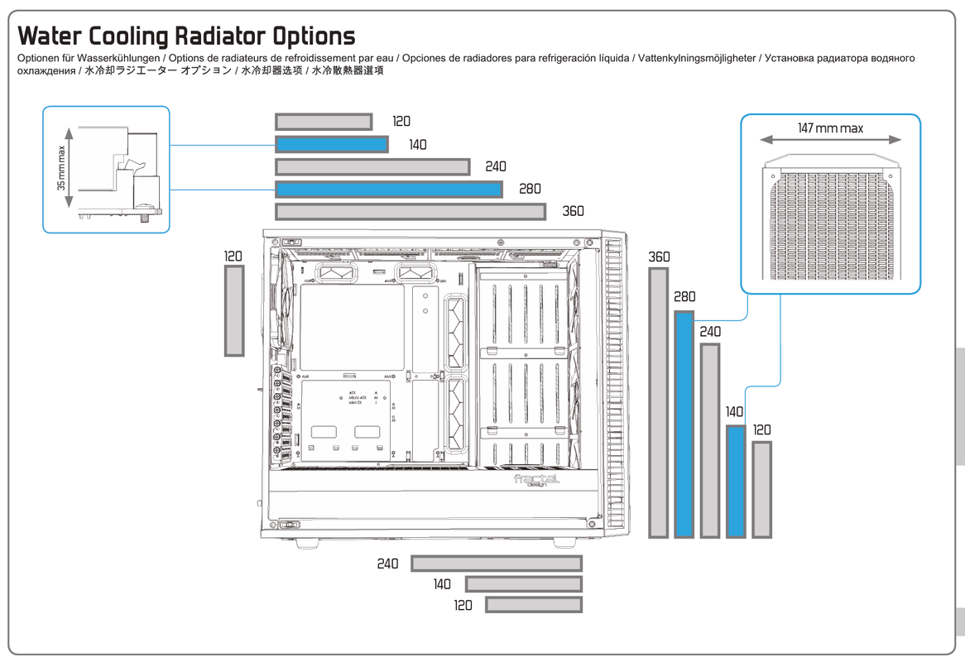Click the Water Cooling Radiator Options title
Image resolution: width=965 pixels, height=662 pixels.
186,36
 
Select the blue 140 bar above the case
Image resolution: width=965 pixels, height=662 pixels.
331,145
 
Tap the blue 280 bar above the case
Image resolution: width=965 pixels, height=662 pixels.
388,189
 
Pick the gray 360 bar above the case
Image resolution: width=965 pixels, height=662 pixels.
410,212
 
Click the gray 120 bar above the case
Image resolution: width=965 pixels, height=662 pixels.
324,122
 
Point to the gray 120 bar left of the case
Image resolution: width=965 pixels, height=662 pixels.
234,310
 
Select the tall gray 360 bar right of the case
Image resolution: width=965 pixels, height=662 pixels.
658,402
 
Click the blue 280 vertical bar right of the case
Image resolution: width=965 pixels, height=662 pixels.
684,425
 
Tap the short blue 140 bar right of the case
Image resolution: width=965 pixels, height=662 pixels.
736,482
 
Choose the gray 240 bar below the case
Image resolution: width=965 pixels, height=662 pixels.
497,564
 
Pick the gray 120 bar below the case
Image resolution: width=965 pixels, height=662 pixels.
534,605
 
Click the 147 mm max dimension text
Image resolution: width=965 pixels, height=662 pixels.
830,128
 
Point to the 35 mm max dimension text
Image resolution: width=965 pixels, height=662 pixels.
61,168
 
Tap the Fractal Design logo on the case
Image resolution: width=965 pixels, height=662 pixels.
536,480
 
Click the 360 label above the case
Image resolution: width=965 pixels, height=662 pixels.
573,211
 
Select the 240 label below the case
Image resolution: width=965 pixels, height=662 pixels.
387,564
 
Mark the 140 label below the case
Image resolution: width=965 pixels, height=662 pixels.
442,584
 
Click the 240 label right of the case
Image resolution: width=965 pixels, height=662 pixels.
710,332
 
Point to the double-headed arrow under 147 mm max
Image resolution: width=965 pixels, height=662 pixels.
830,141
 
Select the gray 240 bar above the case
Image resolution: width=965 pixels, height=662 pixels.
372,167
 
